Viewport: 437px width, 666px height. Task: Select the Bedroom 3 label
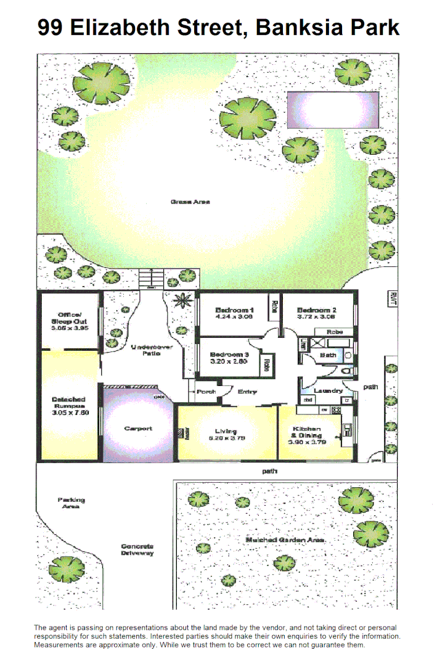[x=229, y=358]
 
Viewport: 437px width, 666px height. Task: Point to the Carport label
[x=138, y=429]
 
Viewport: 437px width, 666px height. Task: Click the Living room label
[x=226, y=435]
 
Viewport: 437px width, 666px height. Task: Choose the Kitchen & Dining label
[x=306, y=435]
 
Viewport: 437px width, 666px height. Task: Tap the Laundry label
[x=328, y=391]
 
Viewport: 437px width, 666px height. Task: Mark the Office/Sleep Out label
[x=69, y=321]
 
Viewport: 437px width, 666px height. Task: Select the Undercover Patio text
[x=151, y=350]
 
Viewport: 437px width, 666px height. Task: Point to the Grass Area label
[x=190, y=202]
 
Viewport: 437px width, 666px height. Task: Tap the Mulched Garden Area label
[x=285, y=540]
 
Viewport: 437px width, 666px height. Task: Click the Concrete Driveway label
[x=137, y=549]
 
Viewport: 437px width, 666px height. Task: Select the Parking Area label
[x=71, y=503]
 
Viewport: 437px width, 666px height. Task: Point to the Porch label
[x=206, y=392]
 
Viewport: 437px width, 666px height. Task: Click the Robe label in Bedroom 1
[x=273, y=306]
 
